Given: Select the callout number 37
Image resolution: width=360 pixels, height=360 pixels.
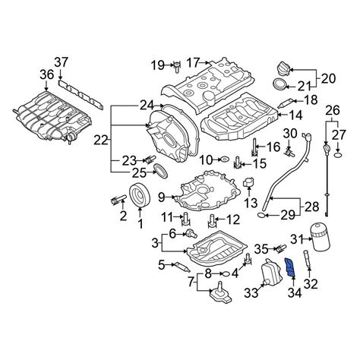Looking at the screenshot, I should (x=62, y=63).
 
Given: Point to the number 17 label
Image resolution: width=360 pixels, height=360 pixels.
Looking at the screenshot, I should (x=194, y=62).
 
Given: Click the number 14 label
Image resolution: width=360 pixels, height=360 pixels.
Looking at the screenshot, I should (x=295, y=115).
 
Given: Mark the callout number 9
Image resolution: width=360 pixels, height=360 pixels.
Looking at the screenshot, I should (x=161, y=198).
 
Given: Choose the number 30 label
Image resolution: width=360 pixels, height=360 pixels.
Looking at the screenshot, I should (x=289, y=134).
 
